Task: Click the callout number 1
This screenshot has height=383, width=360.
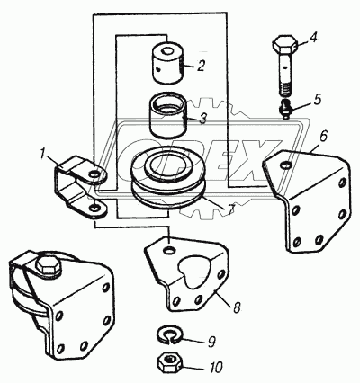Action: (43, 155)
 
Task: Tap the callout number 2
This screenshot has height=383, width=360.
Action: (201, 66)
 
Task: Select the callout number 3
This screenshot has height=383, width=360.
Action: (202, 119)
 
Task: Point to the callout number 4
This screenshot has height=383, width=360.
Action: (312, 39)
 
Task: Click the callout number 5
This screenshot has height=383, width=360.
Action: (317, 100)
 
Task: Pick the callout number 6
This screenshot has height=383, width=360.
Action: (322, 137)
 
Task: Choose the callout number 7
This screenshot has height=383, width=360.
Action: (230, 210)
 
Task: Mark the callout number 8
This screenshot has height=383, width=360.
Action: (237, 307)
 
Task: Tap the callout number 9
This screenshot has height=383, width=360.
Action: (211, 343)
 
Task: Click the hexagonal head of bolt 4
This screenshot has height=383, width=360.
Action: (285, 45)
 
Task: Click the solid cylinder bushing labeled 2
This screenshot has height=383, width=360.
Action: (169, 62)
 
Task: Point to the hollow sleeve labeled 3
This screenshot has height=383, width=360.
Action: (167, 115)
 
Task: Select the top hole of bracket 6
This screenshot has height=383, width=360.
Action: (286, 165)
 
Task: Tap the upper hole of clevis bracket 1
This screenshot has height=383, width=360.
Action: (95, 174)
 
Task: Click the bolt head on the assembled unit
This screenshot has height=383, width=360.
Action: (49, 264)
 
